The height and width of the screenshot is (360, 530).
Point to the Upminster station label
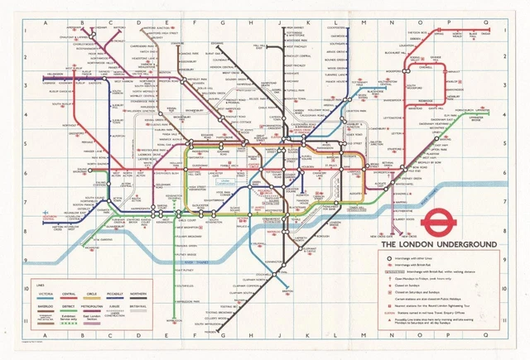click(x=480, y=116)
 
